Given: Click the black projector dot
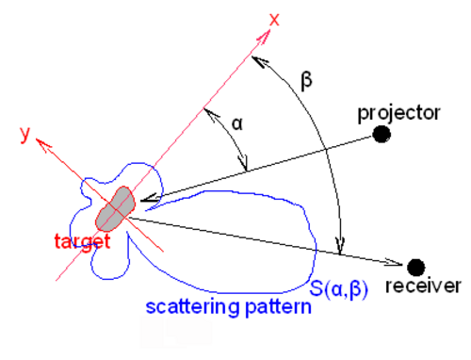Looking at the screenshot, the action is pos(382,135).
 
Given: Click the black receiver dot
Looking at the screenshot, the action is pos(416,268).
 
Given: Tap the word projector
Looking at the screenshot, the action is pos(398,114).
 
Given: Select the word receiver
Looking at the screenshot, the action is pos(423,286).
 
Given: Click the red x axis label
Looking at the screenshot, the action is pos(274,20).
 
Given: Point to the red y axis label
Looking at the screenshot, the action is pos(25,135).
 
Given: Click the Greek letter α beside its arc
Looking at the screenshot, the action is pos(237,124).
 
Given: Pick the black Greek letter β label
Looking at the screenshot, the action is pos(306,81).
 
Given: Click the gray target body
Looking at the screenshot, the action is pos(116,209).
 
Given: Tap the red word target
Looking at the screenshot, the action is pos(82,242).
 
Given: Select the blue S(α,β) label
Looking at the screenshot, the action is pos(338,288).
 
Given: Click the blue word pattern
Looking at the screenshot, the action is pos(278,307).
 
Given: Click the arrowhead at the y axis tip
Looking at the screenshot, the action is pos(42,145).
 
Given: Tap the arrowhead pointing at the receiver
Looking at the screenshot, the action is pos(394,262).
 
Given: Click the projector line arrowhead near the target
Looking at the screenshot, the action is pos(150,199).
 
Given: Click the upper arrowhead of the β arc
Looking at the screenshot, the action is pos(259,62).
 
